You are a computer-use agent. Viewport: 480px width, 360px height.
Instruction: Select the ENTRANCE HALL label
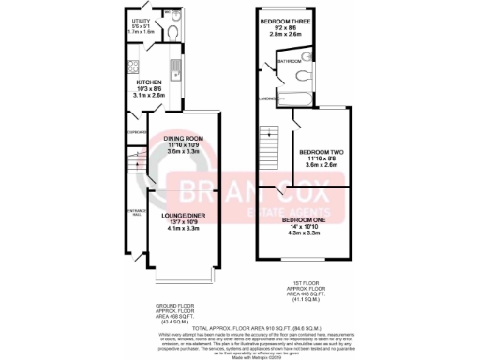click(x=133, y=212)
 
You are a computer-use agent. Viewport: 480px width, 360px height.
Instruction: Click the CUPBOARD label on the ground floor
click(x=132, y=132)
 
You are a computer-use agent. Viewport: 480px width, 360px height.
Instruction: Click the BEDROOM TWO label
click(x=320, y=151)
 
